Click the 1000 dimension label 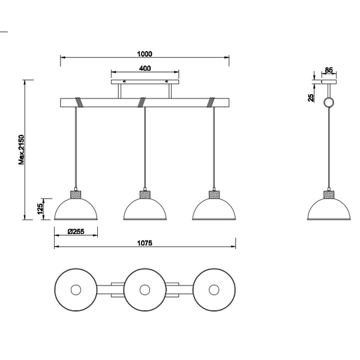144,53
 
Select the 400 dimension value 144,68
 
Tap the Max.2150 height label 22,149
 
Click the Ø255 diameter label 75,231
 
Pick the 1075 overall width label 145,242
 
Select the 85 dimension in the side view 328,70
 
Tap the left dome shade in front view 75,210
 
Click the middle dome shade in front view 145,210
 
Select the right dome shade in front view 214,210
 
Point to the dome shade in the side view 329,210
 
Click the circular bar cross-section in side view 329,103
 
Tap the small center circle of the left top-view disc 76,290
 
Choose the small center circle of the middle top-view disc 145,290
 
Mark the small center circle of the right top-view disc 213,290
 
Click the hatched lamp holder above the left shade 75,194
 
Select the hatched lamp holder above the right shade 214,194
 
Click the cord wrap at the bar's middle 142,101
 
